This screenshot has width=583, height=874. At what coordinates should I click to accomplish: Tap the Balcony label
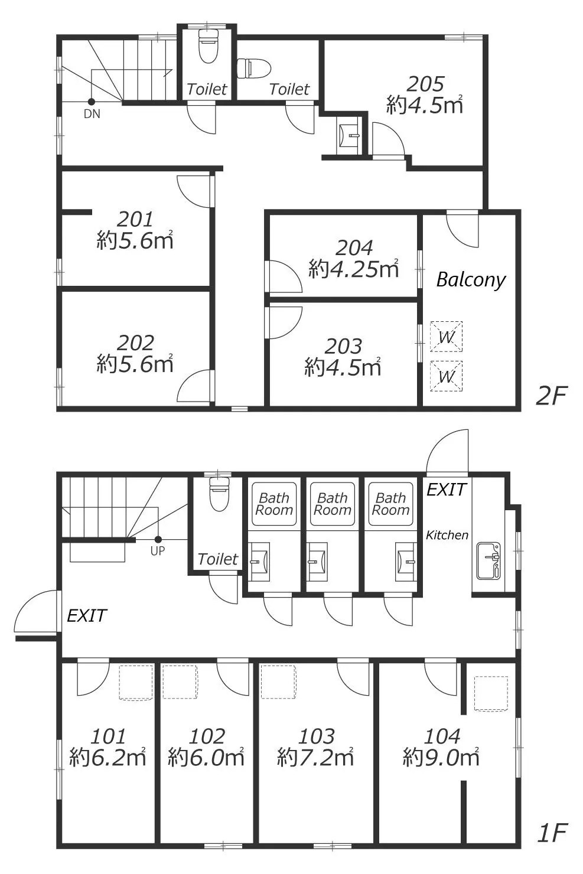click(471, 280)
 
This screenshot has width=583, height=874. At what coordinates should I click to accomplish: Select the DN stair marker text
click(92, 113)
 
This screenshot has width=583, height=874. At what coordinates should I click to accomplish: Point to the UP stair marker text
click(158, 551)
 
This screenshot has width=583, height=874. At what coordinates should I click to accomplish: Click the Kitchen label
click(447, 535)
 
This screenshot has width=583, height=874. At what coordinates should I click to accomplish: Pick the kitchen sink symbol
click(488, 561)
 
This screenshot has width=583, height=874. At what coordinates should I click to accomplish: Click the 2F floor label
click(551, 396)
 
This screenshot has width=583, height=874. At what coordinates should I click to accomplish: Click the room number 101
click(108, 736)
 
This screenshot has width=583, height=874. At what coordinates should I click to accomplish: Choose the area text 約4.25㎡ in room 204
click(354, 269)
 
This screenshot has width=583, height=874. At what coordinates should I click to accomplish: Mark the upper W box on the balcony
click(447, 337)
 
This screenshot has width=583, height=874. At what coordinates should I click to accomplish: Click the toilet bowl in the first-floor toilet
click(219, 494)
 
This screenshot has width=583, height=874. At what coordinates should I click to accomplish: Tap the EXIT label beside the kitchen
click(447, 490)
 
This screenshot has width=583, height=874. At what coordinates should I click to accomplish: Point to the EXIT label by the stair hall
click(87, 616)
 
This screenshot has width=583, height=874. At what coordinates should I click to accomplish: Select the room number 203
click(343, 346)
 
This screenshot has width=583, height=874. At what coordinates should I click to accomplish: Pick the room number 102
click(207, 736)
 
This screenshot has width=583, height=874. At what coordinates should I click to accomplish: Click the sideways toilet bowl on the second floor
click(254, 69)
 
